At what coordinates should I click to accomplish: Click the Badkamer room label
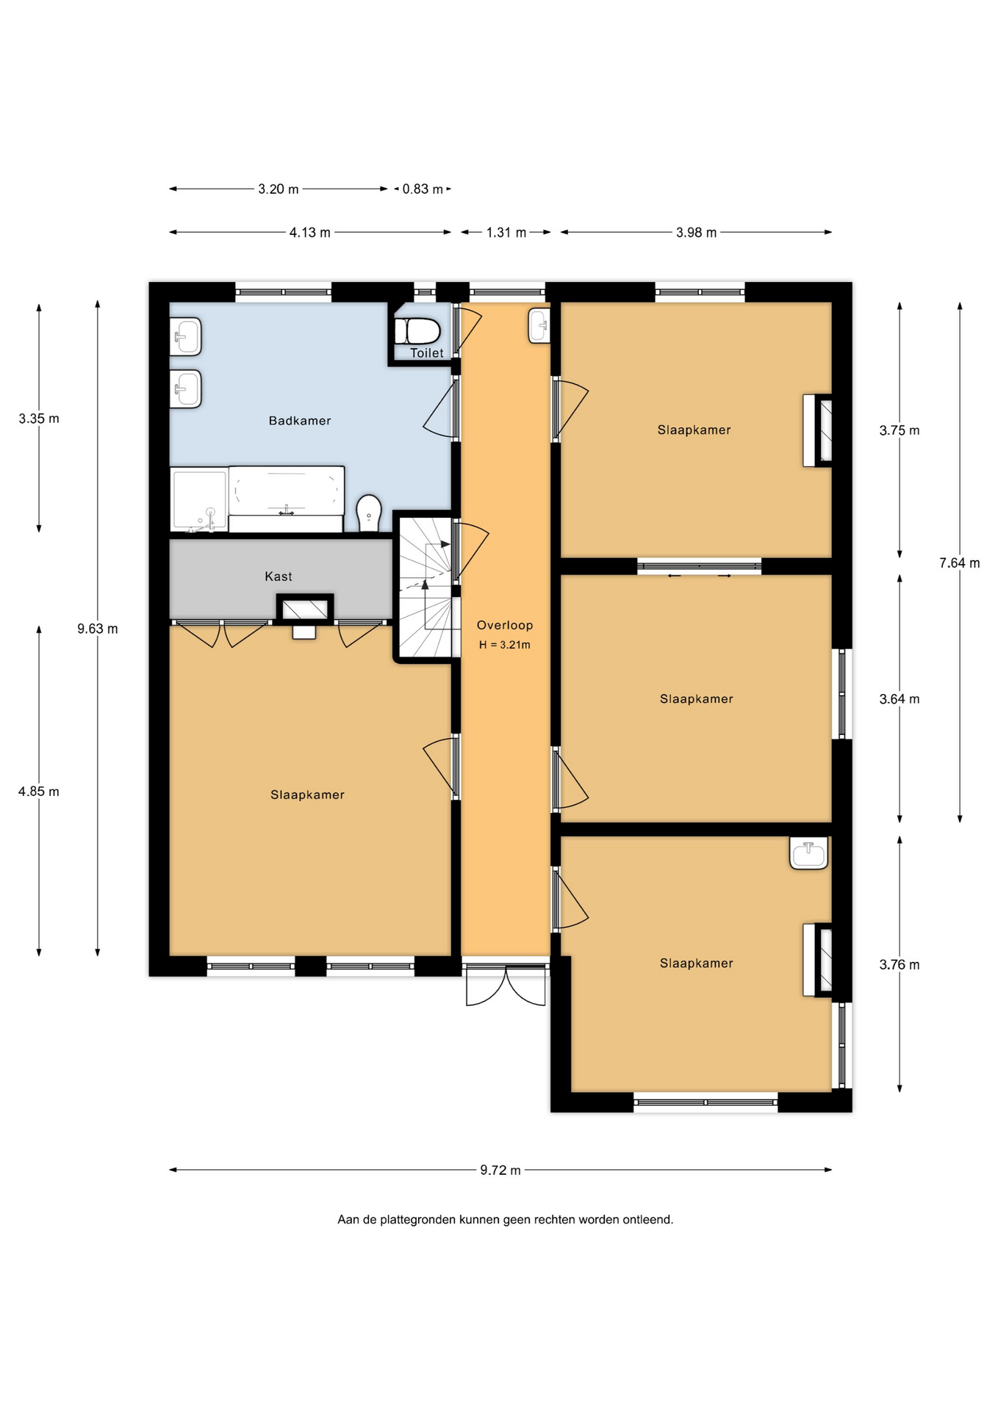(300, 421)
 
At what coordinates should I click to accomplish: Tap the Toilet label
(427, 353)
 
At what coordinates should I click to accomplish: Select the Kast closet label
(279, 576)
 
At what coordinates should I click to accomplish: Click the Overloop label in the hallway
(505, 625)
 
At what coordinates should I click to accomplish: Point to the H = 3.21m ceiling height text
(505, 645)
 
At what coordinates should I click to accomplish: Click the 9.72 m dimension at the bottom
(500, 1170)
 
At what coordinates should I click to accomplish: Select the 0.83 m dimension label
(423, 189)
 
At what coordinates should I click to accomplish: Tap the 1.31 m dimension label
(506, 232)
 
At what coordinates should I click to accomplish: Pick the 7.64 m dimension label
(960, 563)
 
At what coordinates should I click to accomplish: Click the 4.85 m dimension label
(39, 792)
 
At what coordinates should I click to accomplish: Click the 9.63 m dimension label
(98, 629)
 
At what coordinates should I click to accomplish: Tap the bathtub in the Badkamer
(287, 499)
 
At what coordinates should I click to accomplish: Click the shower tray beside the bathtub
(199, 499)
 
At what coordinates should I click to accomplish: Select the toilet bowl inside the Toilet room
(417, 331)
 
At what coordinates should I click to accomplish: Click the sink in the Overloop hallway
(539, 325)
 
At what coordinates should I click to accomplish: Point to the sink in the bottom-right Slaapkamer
(808, 853)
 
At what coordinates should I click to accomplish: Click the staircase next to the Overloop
(426, 587)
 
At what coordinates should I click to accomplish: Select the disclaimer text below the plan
(506, 1220)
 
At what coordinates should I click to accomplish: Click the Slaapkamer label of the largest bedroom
(307, 795)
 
